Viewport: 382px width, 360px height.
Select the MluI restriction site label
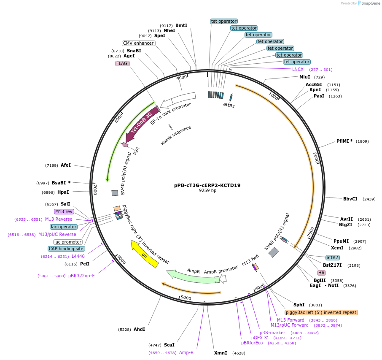pyautogui.click(x=304, y=77)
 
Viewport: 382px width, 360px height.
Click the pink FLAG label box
pyautogui.click(x=122, y=63)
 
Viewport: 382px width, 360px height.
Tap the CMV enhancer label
pyautogui.click(x=138, y=43)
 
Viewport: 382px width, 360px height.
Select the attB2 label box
pyautogui.click(x=332, y=257)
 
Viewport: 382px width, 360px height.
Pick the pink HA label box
pyautogui.click(x=321, y=272)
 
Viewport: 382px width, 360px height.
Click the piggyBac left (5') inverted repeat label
pyautogui.click(x=321, y=312)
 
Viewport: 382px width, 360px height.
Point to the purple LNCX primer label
pyautogui.click(x=298, y=69)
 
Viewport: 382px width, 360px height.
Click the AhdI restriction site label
pyautogui.click(x=139, y=329)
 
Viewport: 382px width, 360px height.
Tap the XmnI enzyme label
pyautogui.click(x=221, y=353)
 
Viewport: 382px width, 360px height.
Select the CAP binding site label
pyautogui.click(x=66, y=249)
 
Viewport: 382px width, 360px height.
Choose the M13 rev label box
pyautogui.click(x=64, y=211)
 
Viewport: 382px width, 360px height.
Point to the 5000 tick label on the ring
pyautogui.click(x=186, y=298)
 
